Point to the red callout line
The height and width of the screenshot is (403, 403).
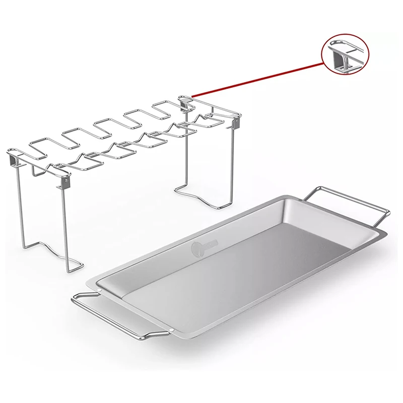point(257,79)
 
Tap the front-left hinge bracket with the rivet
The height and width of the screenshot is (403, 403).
point(65,180)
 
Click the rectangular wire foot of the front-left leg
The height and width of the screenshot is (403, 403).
point(73,265)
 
